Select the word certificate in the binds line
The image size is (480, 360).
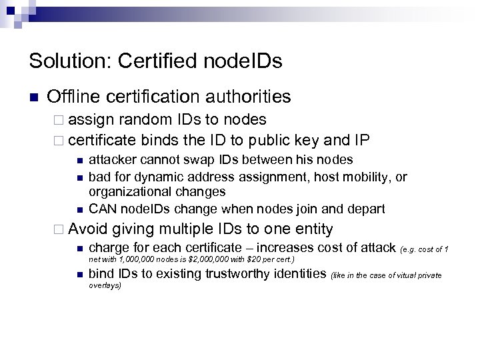coord(101,141)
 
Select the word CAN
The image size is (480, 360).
coord(101,209)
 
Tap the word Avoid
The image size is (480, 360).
coord(87,230)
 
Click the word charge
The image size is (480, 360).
coord(109,249)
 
